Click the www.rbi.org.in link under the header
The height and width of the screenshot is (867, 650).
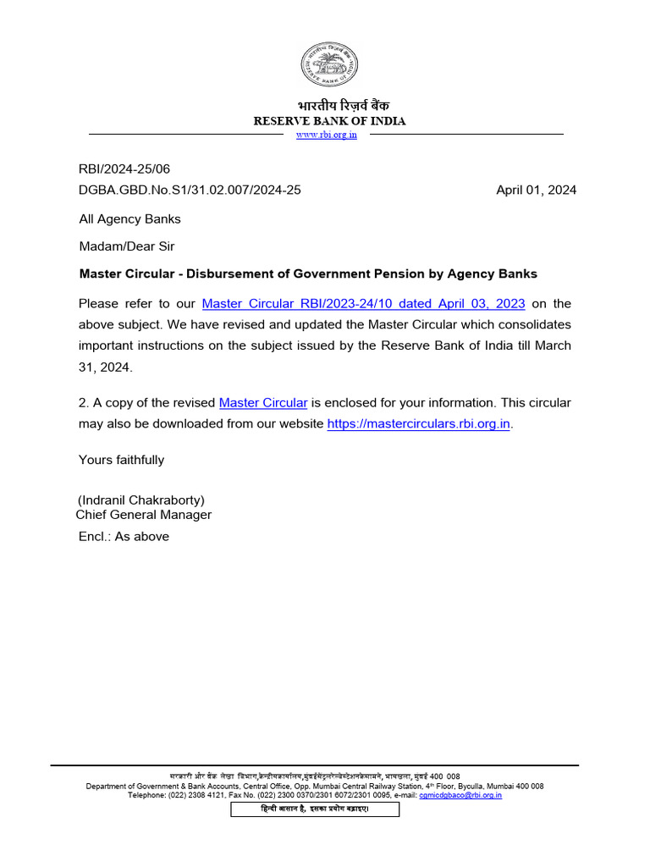click(326, 135)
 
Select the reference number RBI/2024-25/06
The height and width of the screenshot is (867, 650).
click(124, 169)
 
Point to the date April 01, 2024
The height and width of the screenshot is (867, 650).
click(536, 190)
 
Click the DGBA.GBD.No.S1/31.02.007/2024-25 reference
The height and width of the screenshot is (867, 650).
click(190, 190)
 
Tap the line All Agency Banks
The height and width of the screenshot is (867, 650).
click(129, 218)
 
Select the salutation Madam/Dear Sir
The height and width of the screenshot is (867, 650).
click(127, 246)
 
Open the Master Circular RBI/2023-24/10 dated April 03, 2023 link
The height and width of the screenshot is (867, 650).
click(363, 303)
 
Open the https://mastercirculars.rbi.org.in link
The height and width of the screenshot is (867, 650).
click(418, 423)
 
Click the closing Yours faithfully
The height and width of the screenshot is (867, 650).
click(121, 460)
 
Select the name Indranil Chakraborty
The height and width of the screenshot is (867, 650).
click(141, 500)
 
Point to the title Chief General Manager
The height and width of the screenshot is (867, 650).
click(144, 515)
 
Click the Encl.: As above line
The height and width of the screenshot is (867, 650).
click(124, 536)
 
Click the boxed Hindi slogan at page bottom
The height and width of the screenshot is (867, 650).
click(315, 809)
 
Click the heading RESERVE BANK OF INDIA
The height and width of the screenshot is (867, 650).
click(330, 121)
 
